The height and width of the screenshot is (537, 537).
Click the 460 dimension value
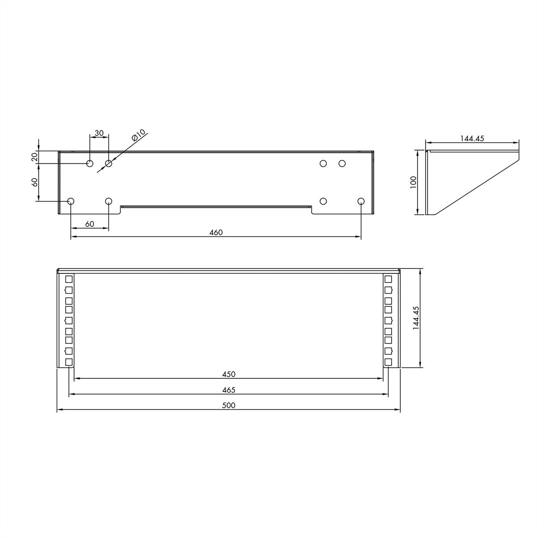point(216,232)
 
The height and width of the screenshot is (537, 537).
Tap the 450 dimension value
point(229,374)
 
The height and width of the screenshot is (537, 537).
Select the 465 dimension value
point(229,390)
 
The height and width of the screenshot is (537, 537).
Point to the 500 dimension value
point(229,405)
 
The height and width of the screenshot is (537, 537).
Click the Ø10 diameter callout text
point(139,135)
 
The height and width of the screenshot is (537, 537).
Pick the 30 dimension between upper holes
point(99,133)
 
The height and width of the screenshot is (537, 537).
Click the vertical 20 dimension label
point(34,157)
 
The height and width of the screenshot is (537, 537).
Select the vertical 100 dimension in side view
point(413,182)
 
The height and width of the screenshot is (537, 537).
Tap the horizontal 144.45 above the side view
point(472,138)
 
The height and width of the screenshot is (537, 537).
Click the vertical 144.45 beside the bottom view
point(416,318)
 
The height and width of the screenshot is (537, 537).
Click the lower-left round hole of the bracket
point(71,201)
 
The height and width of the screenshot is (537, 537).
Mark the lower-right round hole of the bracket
point(361,201)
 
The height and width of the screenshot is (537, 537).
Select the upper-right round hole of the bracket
point(342,163)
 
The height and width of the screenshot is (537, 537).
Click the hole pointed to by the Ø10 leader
point(108,163)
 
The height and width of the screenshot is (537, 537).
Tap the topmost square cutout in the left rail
point(68,279)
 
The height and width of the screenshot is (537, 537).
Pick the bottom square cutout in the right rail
point(388,362)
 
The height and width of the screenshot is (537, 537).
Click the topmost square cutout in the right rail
point(388,279)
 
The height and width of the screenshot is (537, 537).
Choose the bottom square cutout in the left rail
point(68,362)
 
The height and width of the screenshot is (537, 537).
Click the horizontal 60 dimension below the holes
point(89,224)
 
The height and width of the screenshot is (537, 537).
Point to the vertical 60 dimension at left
point(34,182)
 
